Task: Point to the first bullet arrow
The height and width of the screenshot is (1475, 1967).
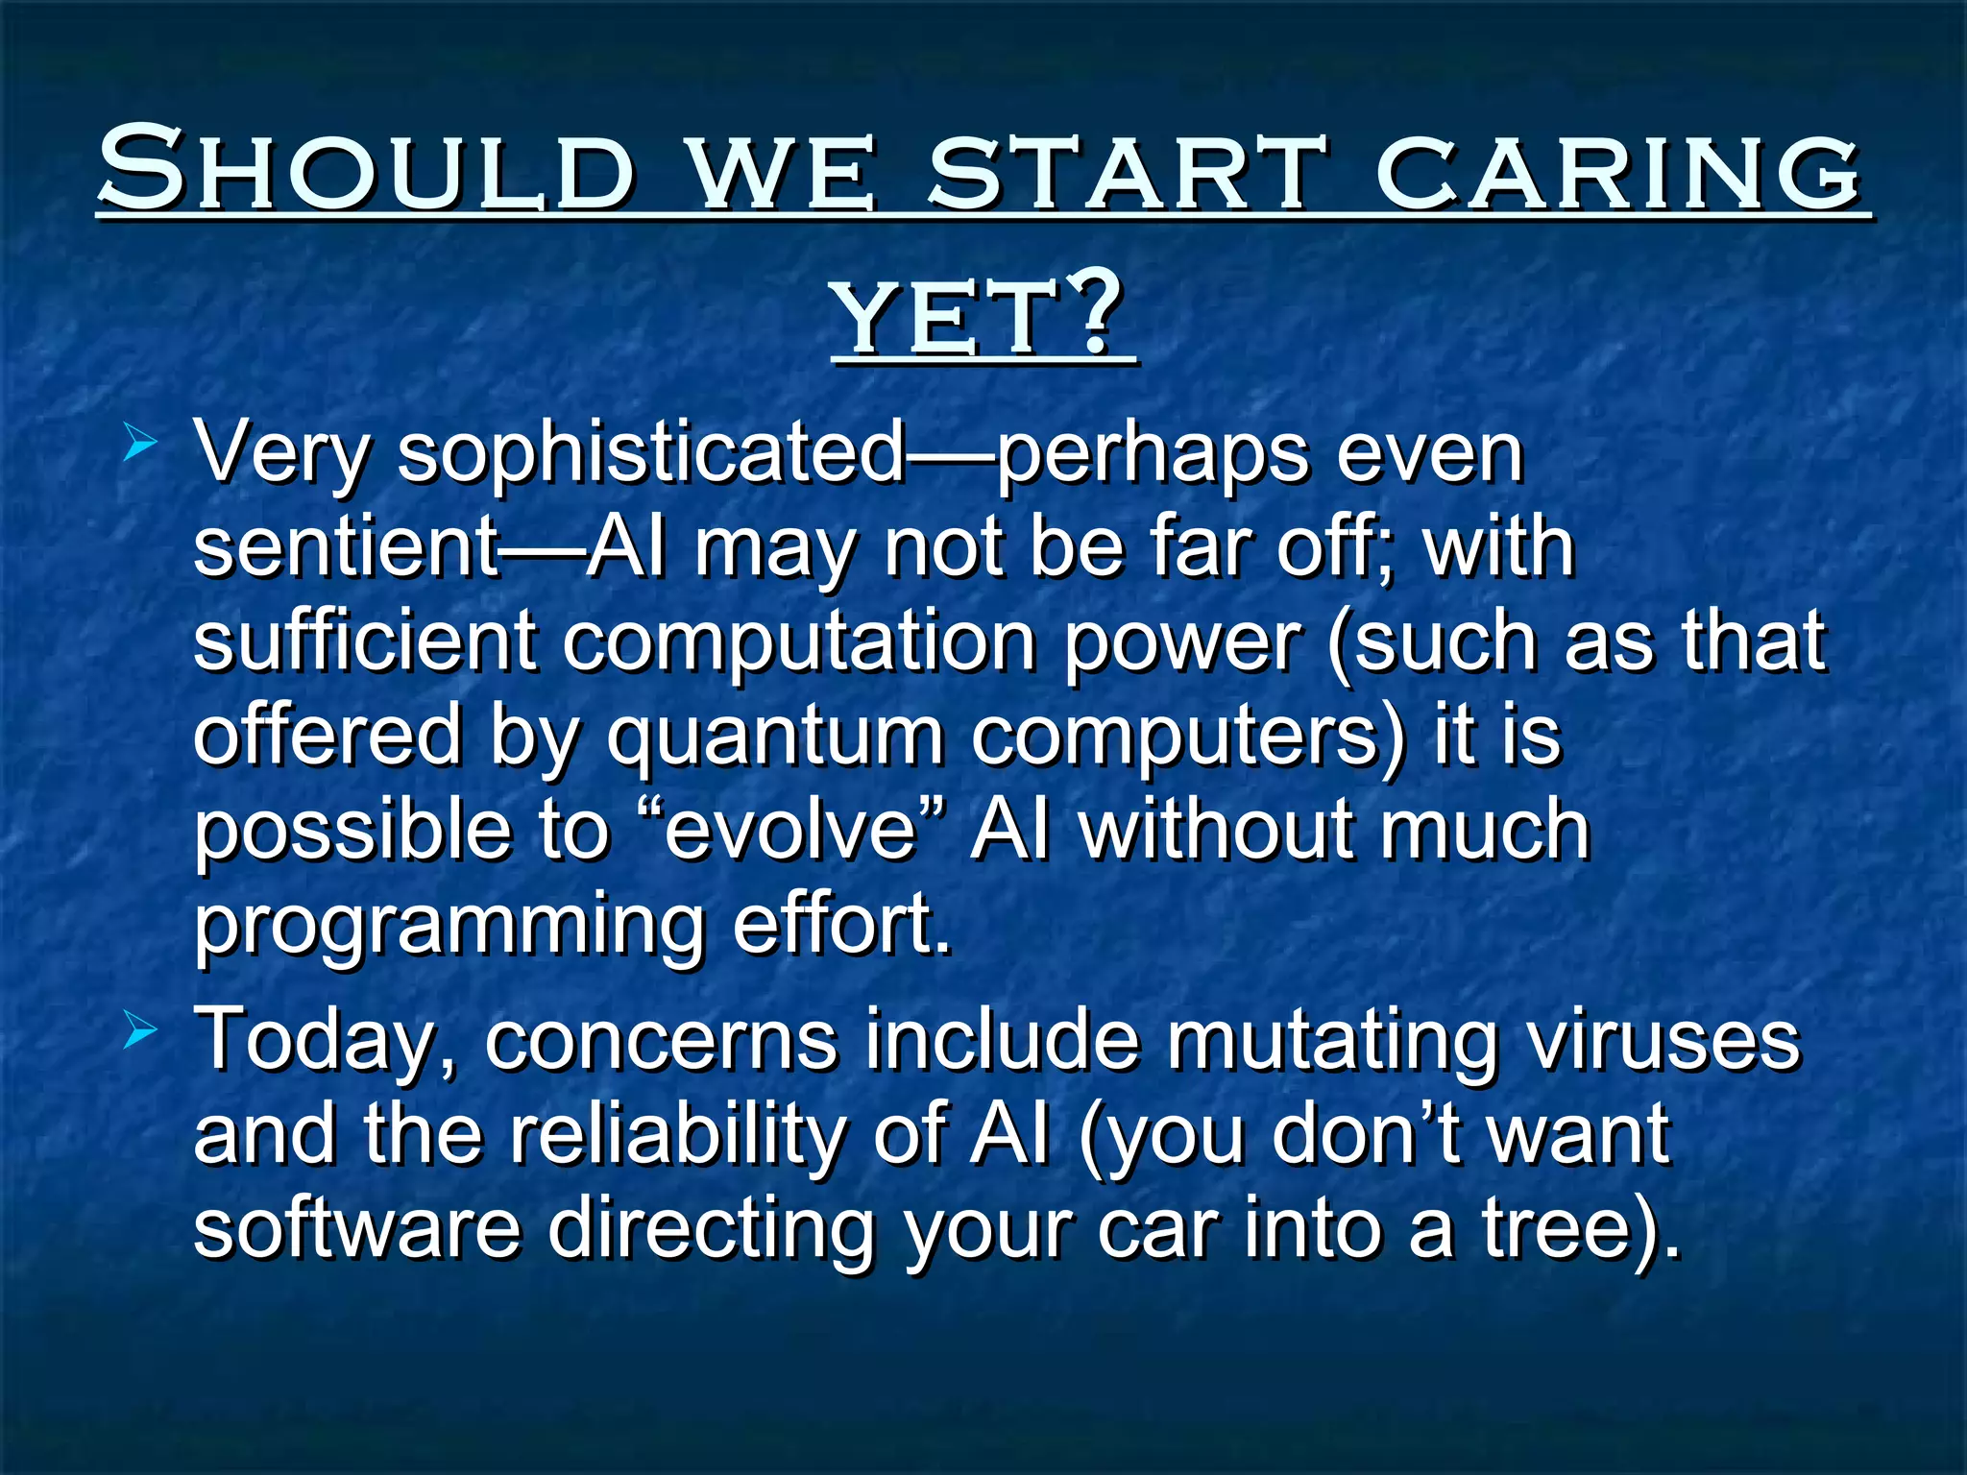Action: click(x=140, y=444)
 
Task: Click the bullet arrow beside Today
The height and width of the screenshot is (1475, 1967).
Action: click(x=140, y=1032)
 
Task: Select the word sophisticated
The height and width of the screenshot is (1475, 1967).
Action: click(x=651, y=453)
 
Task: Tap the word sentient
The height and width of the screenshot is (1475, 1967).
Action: click(x=346, y=547)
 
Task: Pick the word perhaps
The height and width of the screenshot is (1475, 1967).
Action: click(x=1153, y=453)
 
